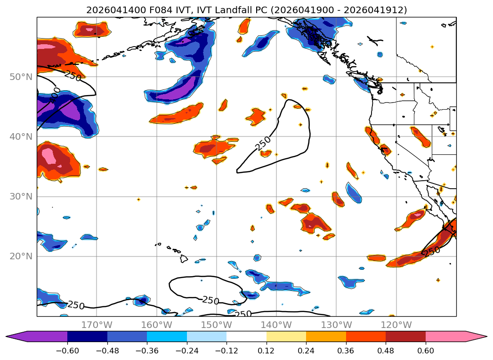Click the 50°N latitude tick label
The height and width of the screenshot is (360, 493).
[21, 77]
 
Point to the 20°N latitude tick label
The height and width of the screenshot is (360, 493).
[21, 256]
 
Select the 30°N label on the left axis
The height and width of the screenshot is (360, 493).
[21, 197]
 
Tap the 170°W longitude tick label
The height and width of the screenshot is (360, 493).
[97, 325]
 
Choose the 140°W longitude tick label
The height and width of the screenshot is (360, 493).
[276, 325]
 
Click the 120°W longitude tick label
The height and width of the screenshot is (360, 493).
[396, 325]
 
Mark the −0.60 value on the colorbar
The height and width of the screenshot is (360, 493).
[67, 351]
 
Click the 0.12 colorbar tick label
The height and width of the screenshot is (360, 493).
[267, 351]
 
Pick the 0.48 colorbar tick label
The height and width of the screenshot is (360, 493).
[386, 351]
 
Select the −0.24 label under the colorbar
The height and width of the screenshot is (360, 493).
[187, 351]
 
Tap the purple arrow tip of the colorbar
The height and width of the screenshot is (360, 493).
[6, 336]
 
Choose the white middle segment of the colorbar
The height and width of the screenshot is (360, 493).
[247, 336]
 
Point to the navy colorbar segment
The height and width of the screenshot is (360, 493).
[87, 336]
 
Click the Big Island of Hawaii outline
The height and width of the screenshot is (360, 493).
[184, 259]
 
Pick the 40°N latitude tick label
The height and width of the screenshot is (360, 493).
[21, 136]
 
